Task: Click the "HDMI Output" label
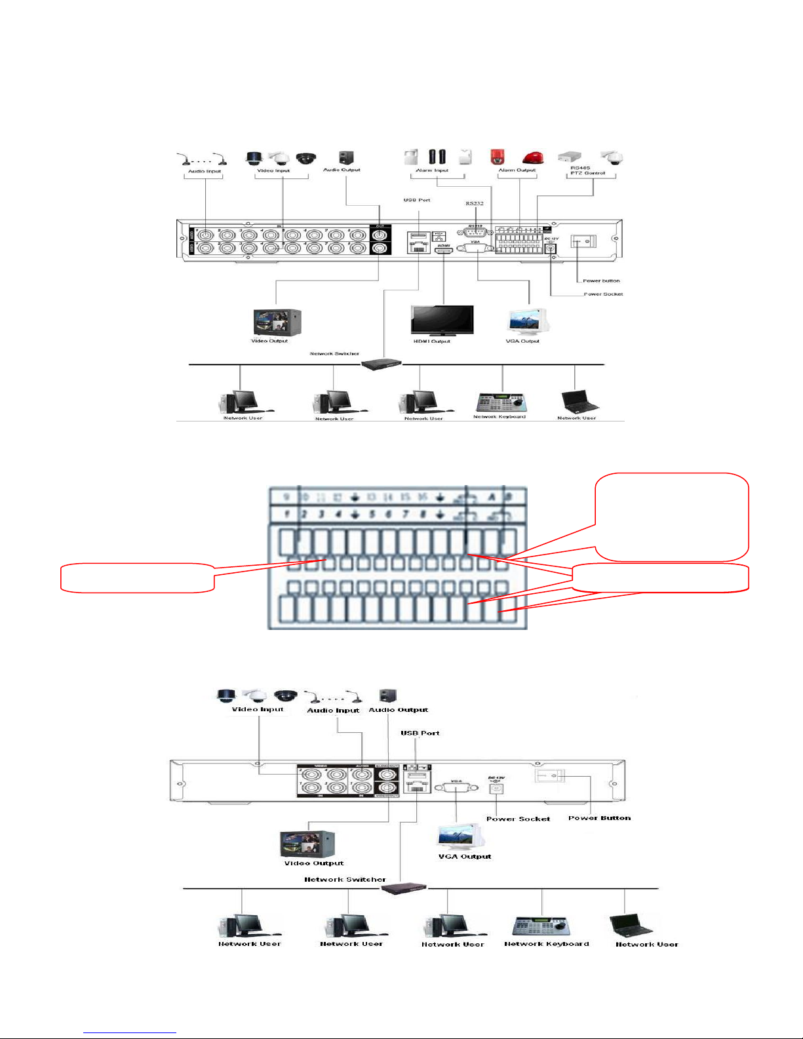(431, 341)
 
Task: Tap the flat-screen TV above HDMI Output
(442, 320)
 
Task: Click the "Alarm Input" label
(432, 170)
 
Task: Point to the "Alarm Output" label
(517, 170)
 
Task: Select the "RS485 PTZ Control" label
(587, 170)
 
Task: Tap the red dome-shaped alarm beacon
(533, 158)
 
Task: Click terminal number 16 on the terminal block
(423, 498)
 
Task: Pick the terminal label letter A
(491, 498)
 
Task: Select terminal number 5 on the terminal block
(372, 515)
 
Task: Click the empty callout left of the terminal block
(138, 578)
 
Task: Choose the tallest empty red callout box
(672, 517)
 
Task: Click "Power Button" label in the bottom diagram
(599, 818)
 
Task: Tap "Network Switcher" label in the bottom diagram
(345, 880)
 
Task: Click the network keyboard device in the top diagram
(499, 402)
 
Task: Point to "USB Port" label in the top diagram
(417, 200)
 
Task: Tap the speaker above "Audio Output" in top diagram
(346, 157)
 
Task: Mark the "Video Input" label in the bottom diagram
(258, 709)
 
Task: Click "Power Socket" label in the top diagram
(603, 294)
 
